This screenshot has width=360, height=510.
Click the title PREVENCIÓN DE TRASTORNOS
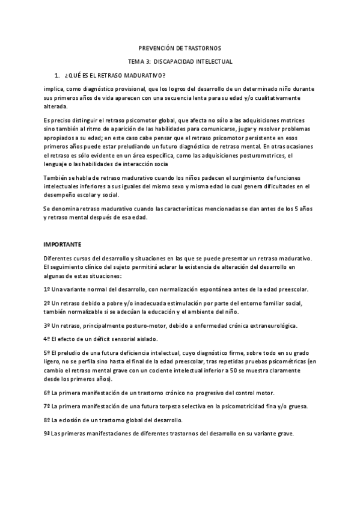pos(180,48)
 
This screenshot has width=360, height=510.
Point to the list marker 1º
pos(47,289)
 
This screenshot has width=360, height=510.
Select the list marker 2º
pos(47,305)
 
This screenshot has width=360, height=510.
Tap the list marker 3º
pos(47,326)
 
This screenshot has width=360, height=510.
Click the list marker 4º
pos(47,339)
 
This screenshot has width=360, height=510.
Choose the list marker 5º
pos(47,352)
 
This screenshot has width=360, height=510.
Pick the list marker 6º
pos(47,393)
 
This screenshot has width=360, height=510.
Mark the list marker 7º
pos(47,407)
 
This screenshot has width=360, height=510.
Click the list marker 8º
pos(47,420)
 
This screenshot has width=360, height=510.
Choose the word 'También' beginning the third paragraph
pos(56,177)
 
